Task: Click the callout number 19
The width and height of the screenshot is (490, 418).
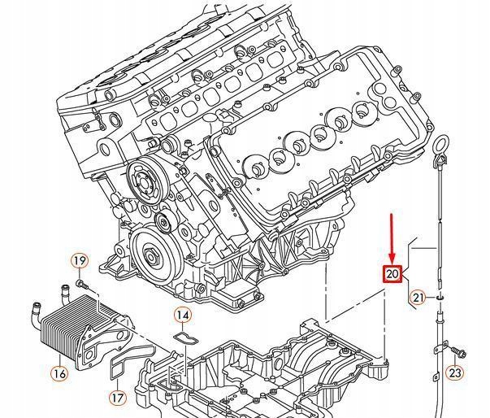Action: pos(79,261)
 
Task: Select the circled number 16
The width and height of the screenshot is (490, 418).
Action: pos(59,374)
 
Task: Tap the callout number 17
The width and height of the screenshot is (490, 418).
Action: pos(118,398)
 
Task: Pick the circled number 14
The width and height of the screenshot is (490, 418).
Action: pos(183,315)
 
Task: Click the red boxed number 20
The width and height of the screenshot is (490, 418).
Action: pos(392,274)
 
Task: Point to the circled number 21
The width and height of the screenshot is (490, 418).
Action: pos(418,298)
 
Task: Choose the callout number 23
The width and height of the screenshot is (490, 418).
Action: pos(455,373)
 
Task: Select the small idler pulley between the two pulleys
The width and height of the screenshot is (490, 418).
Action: pos(164,222)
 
